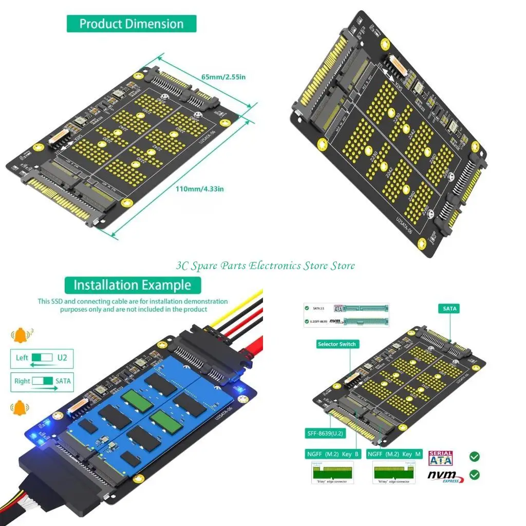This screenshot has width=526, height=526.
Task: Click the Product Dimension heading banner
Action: pyautogui.click(x=131, y=24)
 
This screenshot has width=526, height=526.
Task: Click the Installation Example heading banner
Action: pyautogui.click(x=132, y=285)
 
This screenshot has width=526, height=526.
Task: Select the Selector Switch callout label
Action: pyautogui.click(x=336, y=344)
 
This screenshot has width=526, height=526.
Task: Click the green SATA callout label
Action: pyautogui.click(x=448, y=309)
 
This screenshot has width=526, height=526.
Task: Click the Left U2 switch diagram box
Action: pyautogui.click(x=42, y=358)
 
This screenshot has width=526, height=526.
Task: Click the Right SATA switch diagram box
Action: pyautogui.click(x=42, y=381)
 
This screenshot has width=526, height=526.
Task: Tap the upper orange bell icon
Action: pyautogui.click(x=21, y=335)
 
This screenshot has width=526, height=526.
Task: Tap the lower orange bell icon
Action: pyautogui.click(x=20, y=408)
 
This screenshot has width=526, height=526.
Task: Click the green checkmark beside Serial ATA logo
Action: pyautogui.click(x=475, y=456)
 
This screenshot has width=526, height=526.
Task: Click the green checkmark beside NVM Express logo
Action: pyautogui.click(x=475, y=475)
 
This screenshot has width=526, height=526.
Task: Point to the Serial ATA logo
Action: pyautogui.click(x=440, y=458)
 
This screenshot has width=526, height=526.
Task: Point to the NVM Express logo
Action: pyautogui.click(x=445, y=476)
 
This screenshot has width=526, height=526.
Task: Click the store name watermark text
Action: pyautogui.click(x=265, y=266)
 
